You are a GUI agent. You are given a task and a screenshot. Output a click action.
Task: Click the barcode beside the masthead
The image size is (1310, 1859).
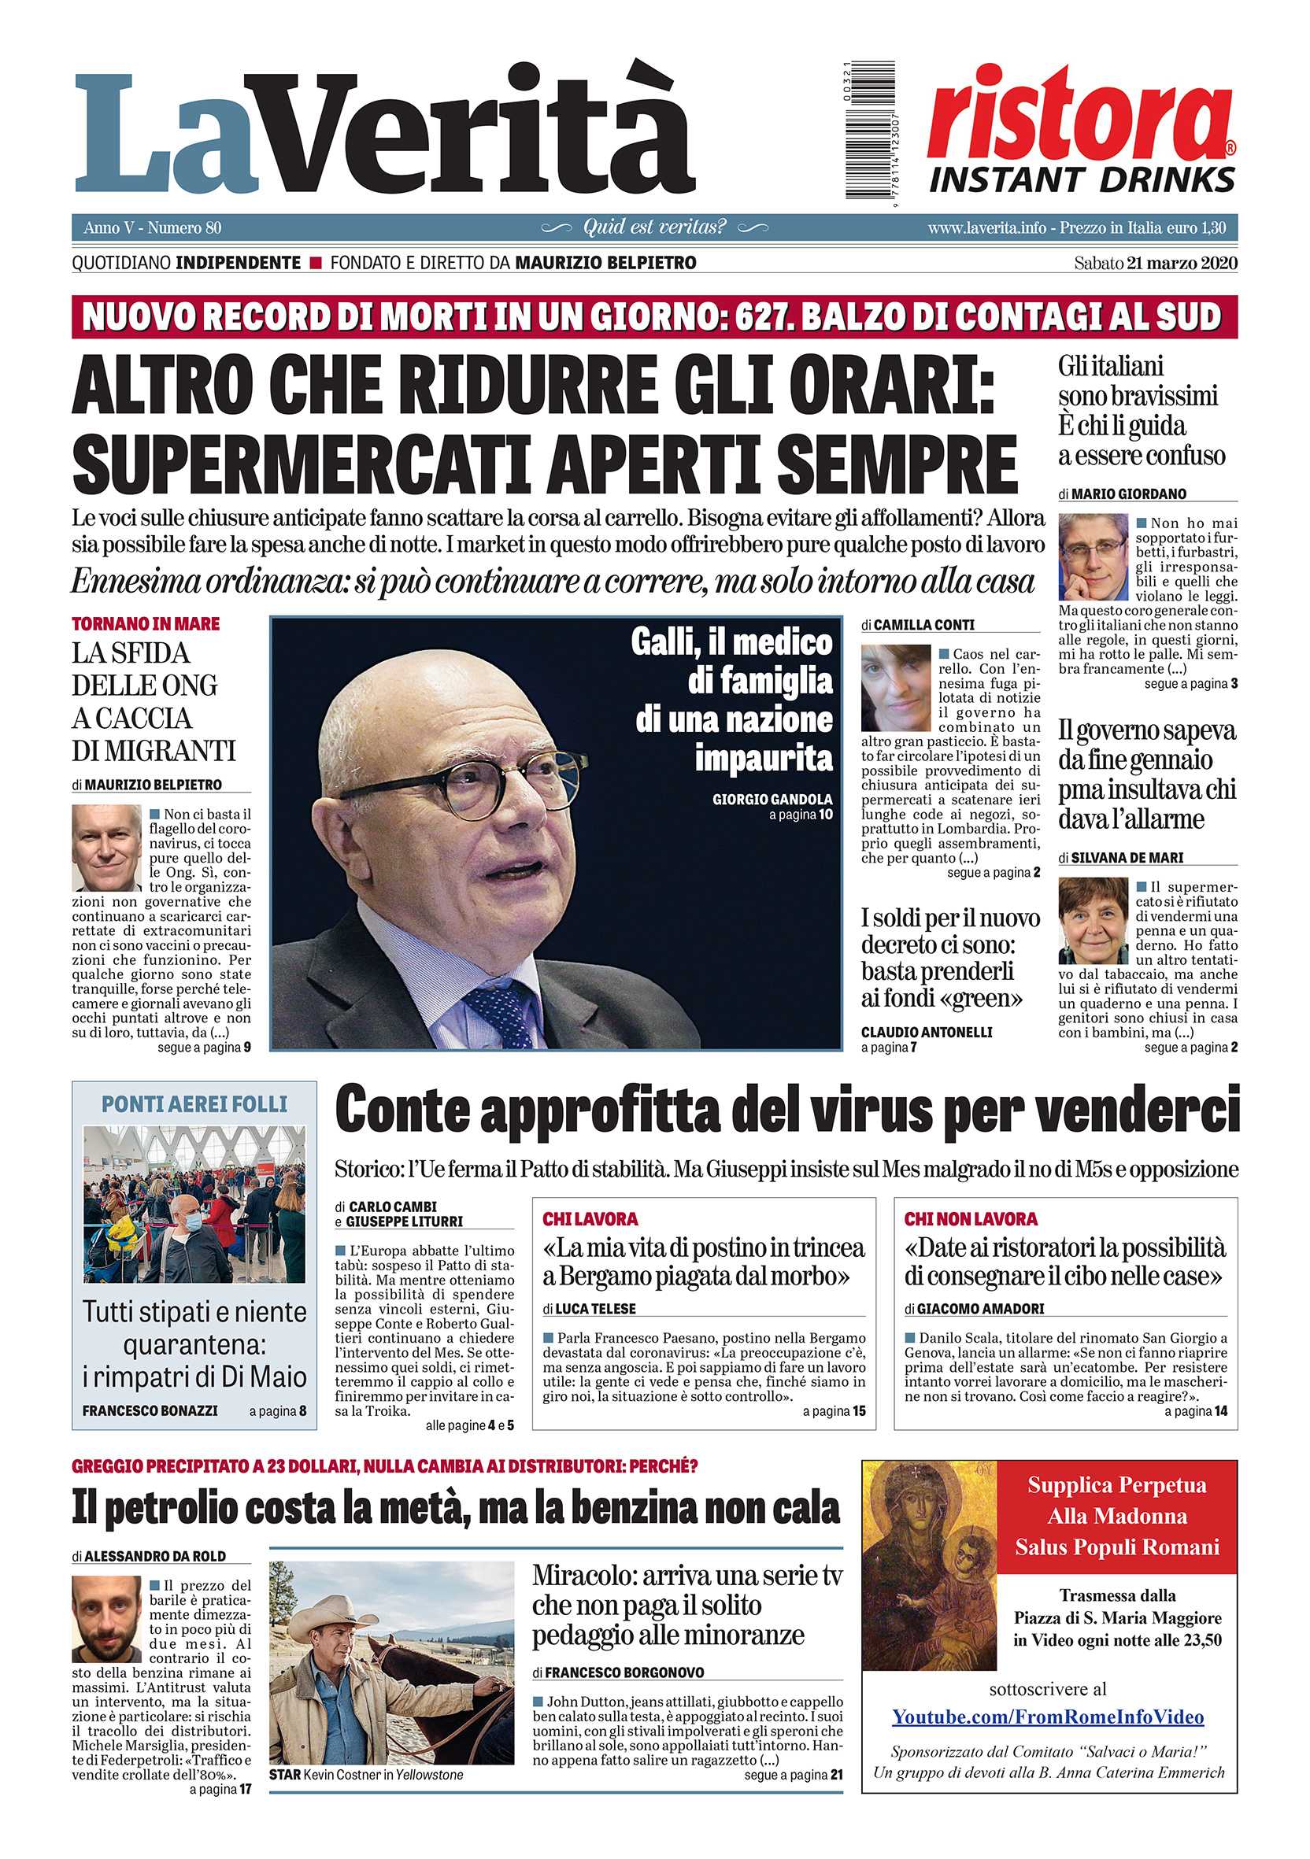coord(871,130)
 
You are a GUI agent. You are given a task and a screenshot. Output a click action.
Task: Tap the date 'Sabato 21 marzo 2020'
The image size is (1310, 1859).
coord(1156,263)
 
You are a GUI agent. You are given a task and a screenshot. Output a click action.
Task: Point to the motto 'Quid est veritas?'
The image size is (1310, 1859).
coord(654,227)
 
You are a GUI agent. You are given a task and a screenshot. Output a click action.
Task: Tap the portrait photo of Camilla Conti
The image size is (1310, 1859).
coord(894,688)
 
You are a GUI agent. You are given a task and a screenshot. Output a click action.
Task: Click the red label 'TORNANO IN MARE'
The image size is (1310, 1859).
coord(146,623)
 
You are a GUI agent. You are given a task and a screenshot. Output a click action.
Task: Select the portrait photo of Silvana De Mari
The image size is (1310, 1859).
coord(1093,921)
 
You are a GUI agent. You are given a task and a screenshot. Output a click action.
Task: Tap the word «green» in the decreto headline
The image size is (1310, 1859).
coord(981,997)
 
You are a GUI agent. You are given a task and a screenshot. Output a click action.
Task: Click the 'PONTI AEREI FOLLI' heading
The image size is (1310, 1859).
coord(194,1103)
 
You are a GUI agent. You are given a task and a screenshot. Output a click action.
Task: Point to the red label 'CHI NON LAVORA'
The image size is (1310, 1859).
coord(970,1218)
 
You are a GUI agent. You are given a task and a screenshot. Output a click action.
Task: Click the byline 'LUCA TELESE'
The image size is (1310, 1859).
coord(595,1308)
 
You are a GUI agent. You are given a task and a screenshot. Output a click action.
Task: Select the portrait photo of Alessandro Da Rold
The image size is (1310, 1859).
coord(106,1619)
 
